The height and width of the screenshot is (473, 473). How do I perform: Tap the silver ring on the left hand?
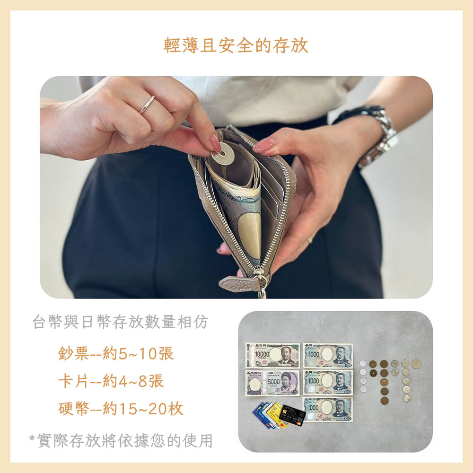147,105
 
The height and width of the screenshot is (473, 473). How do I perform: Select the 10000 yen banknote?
273,355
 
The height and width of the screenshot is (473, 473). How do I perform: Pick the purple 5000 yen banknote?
273,383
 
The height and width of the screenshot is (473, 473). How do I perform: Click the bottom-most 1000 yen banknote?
328,409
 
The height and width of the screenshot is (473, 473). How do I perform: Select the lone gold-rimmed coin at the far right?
416,364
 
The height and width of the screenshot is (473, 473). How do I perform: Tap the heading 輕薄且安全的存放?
236,45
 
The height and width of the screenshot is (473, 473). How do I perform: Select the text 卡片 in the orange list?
73,381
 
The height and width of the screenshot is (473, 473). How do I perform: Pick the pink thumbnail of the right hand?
263,146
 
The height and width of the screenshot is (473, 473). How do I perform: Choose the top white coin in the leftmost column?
363,364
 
